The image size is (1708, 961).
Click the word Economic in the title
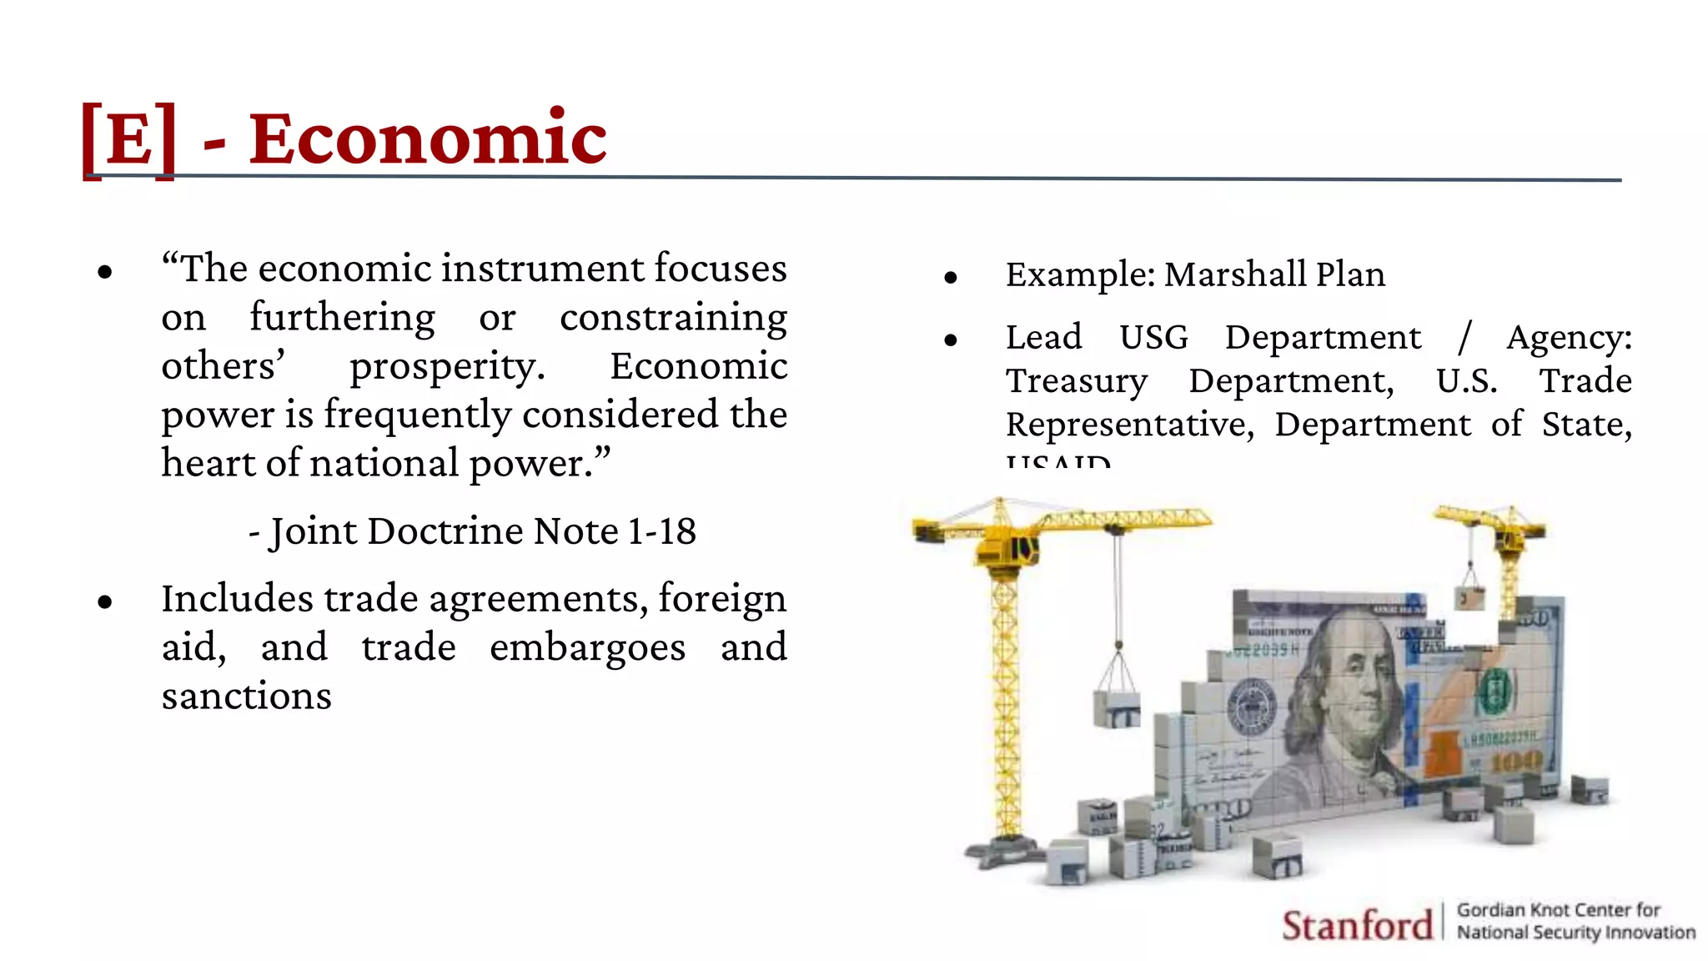pyautogui.click(x=428, y=138)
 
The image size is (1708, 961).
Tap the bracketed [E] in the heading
pyautogui.click(x=129, y=138)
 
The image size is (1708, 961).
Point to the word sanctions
pyautogui.click(x=247, y=697)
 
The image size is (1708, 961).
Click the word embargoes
pyautogui.click(x=588, y=648)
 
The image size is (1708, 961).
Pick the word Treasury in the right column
pyautogui.click(x=1077, y=381)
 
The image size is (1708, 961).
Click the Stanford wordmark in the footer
pyautogui.click(x=1357, y=925)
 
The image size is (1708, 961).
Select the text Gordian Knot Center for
pyautogui.click(x=1558, y=910)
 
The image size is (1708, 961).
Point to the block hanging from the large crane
pyautogui.click(x=1118, y=707)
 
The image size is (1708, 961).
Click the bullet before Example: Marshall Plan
pyautogui.click(x=951, y=277)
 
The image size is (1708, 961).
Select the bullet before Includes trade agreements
pyautogui.click(x=105, y=601)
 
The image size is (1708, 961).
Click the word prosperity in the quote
pyautogui.click(x=447, y=367)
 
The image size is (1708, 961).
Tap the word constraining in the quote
pyautogui.click(x=673, y=318)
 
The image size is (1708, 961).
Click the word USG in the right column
pyautogui.click(x=1153, y=338)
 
